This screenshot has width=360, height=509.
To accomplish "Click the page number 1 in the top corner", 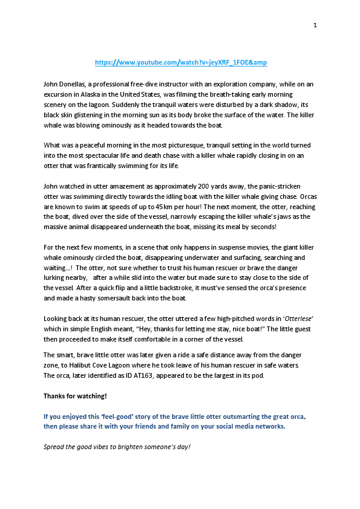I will pyautogui.click(x=315, y=25).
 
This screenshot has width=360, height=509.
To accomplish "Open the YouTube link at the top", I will pyautogui.click(x=181, y=62).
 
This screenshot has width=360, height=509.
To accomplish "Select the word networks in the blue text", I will pyautogui.click(x=267, y=426).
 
